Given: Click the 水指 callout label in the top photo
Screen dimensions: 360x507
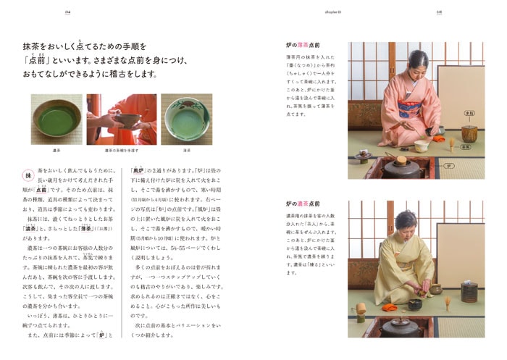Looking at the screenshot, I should click(469, 113).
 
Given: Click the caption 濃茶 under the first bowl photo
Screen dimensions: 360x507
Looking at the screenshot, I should click(56, 151).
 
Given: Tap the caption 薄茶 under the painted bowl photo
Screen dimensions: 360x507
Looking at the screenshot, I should click(187, 151).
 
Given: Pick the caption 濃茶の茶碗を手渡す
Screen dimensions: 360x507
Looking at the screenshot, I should click(121, 151).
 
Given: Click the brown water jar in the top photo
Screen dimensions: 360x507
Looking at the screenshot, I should click(469, 133).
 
